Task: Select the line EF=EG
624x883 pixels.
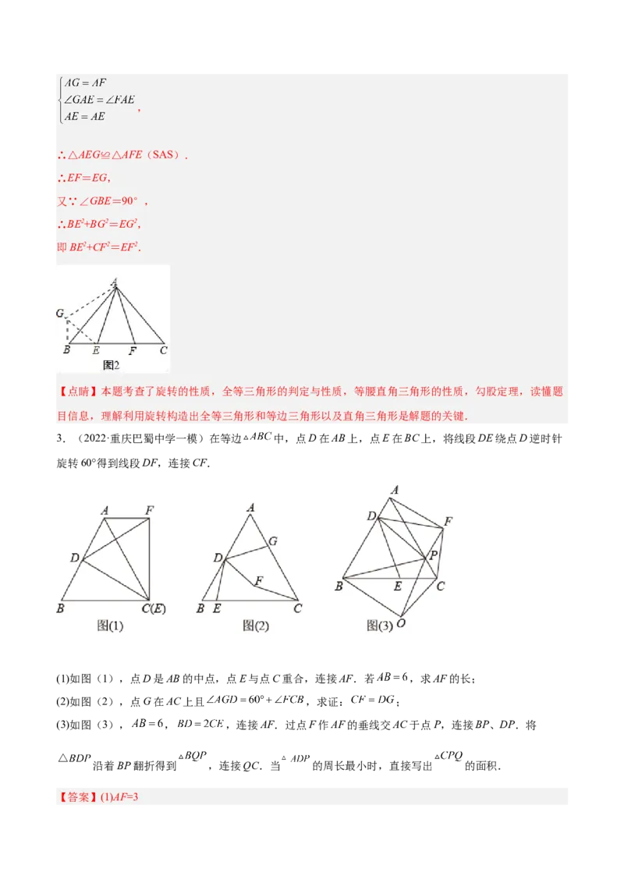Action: tap(87, 178)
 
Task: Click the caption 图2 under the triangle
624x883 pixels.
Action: tap(111, 363)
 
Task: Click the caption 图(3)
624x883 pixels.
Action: tap(380, 625)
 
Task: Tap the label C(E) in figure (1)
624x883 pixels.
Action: tap(154, 608)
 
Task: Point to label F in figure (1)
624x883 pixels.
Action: tap(149, 510)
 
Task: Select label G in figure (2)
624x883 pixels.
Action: tap(272, 541)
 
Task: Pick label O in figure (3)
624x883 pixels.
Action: tap(401, 623)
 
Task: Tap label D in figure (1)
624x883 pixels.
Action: tap(74, 558)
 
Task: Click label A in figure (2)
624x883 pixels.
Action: tap(250, 508)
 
